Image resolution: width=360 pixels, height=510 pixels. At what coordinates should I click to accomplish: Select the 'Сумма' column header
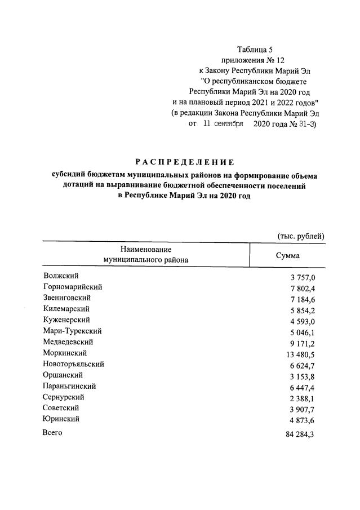tap(287, 255)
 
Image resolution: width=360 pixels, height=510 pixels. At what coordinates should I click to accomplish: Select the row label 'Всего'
tap(52, 433)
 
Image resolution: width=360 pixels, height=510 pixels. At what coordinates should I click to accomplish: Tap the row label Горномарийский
tap(72, 287)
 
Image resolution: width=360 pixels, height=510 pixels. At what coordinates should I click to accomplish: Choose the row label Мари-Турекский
tap(72, 331)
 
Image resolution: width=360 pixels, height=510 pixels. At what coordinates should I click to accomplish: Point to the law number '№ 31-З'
tap(303, 123)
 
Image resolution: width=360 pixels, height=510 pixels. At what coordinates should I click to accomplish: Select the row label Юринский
tap(61, 419)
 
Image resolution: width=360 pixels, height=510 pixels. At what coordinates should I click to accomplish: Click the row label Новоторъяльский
tap(73, 364)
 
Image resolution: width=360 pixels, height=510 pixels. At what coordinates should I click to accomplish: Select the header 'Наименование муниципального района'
tap(145, 255)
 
